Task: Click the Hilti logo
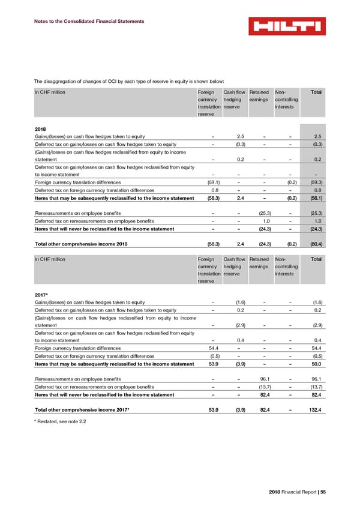point(287,26)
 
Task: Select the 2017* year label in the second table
point(43,294)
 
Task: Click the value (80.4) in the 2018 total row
point(314,244)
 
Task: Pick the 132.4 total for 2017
point(314,410)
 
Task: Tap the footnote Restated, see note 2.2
point(61,423)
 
